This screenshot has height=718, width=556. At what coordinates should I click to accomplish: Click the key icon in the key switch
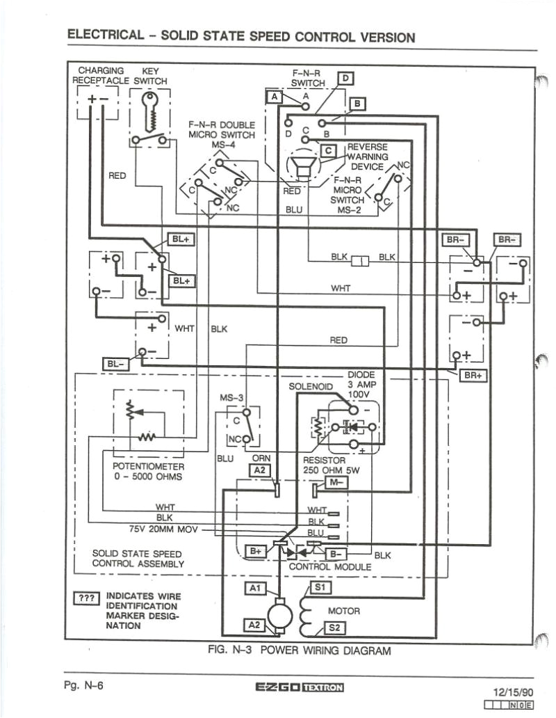pos(149,110)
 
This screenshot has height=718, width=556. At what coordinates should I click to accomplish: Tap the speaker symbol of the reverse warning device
pos(301,167)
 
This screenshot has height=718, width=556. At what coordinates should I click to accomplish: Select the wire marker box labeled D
pos(345,79)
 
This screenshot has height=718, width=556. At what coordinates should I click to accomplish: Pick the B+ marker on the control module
pos(256,551)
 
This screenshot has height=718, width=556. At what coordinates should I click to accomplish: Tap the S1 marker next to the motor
pos(320,588)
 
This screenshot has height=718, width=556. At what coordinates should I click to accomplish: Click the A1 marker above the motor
pos(254,589)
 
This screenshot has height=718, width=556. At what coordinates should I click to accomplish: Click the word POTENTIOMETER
pos(148,466)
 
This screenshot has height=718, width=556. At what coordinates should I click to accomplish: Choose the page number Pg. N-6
pos(83,686)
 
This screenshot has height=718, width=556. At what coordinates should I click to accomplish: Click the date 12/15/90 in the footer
pos(514,693)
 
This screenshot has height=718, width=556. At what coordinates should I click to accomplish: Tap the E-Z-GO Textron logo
pos(300,688)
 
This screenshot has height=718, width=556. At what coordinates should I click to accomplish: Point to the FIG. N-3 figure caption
pos(299,651)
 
